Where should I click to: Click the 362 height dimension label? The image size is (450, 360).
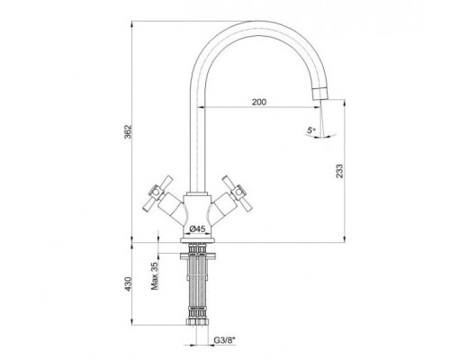click(128, 131)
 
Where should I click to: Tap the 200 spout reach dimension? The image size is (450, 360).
click(259, 103)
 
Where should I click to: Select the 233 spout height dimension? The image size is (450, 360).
click(339, 171)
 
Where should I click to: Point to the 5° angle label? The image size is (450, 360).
click(311, 130)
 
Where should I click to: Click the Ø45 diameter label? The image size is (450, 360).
click(198, 229)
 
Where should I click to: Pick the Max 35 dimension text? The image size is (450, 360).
click(155, 276)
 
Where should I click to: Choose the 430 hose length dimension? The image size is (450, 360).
click(128, 283)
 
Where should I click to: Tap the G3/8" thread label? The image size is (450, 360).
click(225, 340)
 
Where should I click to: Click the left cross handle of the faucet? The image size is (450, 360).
click(154, 193)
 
